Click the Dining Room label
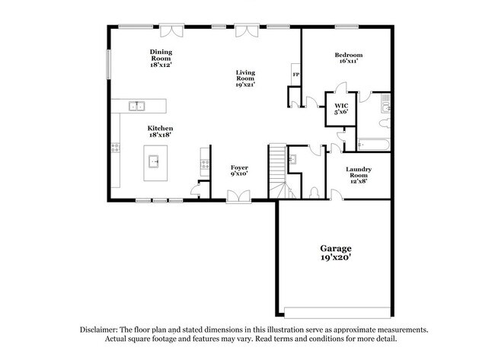coord(160,57)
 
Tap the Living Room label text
coord(245,78)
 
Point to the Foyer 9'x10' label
coord(240,170)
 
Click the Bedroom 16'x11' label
coord(348,58)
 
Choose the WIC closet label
coord(342,108)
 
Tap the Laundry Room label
coord(358,174)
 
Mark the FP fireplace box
coord(295,75)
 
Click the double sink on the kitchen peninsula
coord(138,106)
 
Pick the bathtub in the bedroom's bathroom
coord(373,143)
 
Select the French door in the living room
coord(245,30)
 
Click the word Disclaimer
coord(102,330)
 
